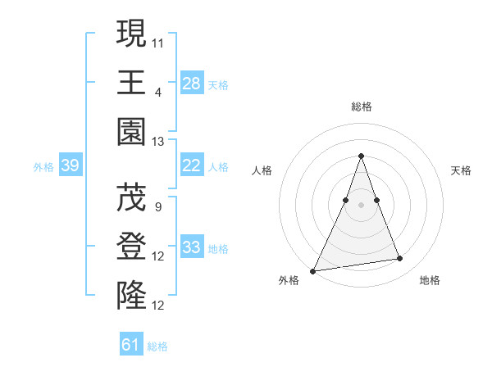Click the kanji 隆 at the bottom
(x=131, y=294)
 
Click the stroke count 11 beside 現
(x=158, y=42)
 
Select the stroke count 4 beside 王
(x=157, y=91)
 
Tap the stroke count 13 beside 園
(x=158, y=141)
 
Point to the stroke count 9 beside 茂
(x=157, y=206)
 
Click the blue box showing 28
(x=191, y=83)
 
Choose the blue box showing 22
(x=191, y=165)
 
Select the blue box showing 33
(x=191, y=247)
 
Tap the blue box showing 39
(x=70, y=165)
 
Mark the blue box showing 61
(x=131, y=345)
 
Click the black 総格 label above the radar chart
(x=361, y=107)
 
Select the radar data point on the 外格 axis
(x=313, y=270)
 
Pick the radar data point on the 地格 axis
(x=399, y=259)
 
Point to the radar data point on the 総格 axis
(x=361, y=156)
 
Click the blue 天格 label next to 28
(x=218, y=84)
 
